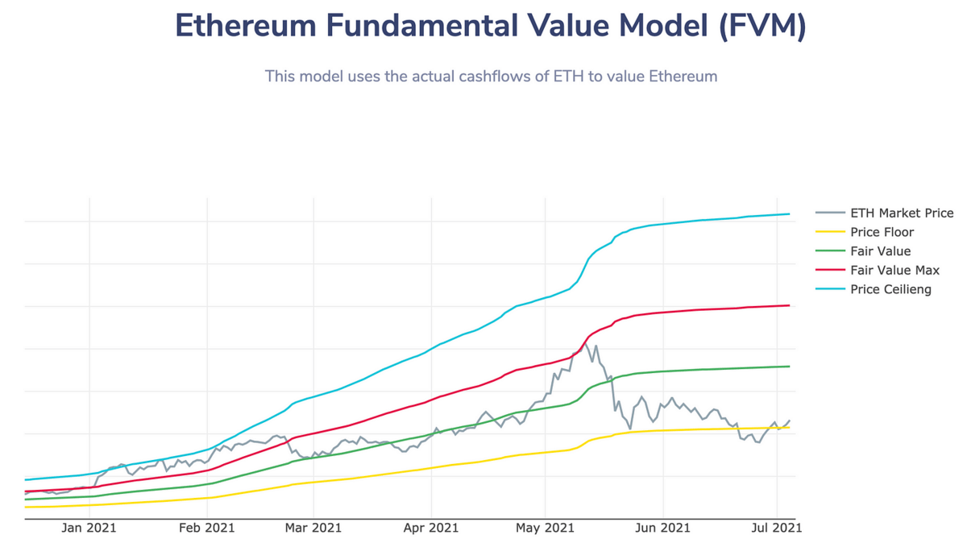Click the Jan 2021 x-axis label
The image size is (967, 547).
89,528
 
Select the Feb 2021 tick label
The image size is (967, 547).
206,528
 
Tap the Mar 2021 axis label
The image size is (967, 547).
313,528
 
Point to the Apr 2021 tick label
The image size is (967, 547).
431,528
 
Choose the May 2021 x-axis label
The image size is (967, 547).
546,528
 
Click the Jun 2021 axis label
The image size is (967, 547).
662,528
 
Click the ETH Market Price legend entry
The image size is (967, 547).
902,213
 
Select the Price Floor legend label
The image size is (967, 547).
882,233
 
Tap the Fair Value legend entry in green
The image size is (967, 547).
880,251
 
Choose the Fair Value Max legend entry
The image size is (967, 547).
894,271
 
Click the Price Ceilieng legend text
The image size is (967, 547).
890,289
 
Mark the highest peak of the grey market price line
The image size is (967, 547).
586,344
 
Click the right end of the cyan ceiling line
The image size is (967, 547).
789,214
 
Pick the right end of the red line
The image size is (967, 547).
789,305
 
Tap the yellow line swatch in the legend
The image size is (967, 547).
830,233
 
